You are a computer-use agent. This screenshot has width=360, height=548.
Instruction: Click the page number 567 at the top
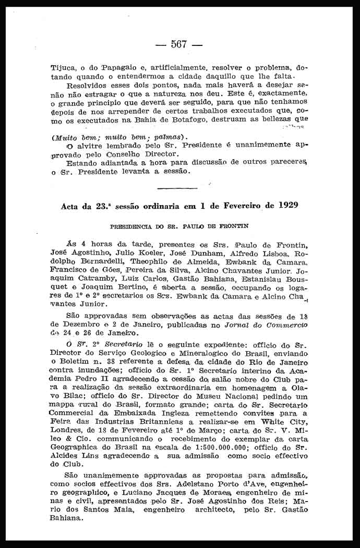[x=178, y=44]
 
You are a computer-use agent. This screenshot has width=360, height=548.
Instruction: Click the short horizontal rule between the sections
[x=176, y=187]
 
